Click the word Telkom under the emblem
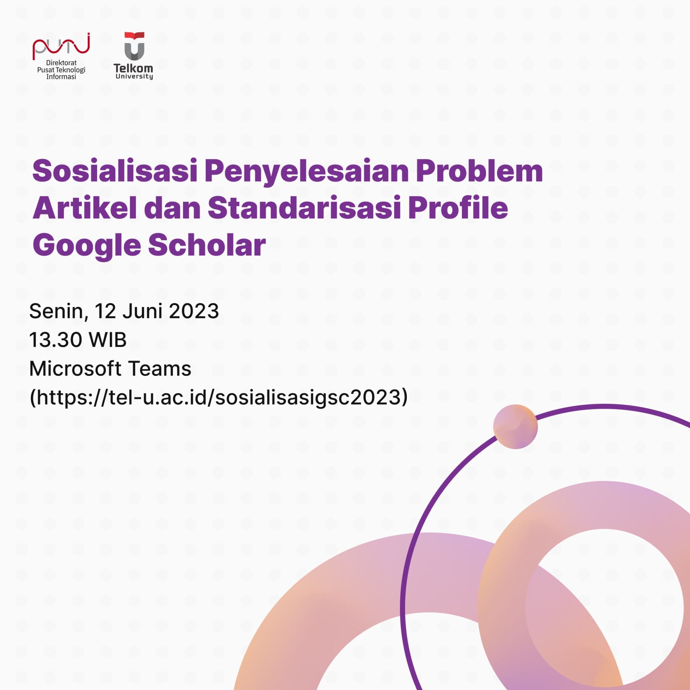(133, 68)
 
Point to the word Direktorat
(61, 63)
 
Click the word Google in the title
(87, 247)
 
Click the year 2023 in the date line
(194, 311)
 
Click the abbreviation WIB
(108, 340)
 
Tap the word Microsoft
(75, 368)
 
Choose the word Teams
(160, 368)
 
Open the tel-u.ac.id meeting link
(218, 398)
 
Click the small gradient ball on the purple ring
(515, 427)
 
